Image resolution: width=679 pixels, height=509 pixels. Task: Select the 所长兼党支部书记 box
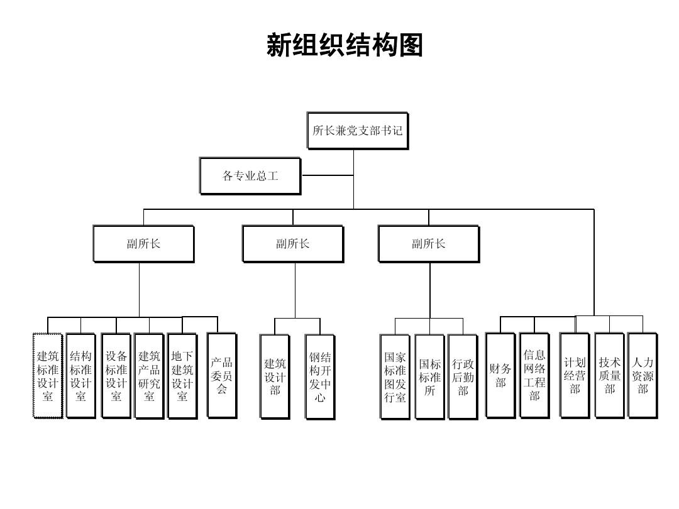(357, 131)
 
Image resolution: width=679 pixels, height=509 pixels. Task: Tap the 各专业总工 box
(250, 176)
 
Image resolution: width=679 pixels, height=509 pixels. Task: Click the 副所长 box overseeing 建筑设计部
(292, 244)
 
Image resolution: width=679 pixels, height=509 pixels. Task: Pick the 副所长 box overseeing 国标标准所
(428, 244)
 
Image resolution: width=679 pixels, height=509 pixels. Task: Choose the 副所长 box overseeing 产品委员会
(143, 244)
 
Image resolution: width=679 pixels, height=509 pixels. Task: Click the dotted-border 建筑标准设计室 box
(48, 376)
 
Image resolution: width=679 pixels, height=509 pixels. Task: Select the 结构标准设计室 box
(81, 376)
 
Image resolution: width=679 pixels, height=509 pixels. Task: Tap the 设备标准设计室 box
(116, 376)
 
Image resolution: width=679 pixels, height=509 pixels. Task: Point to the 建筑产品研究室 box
(149, 376)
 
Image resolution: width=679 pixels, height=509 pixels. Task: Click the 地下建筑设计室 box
(182, 376)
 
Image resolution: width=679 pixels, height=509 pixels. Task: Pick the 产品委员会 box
(221, 375)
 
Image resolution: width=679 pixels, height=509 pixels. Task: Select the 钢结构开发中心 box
(320, 376)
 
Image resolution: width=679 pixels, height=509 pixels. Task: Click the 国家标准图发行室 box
(395, 376)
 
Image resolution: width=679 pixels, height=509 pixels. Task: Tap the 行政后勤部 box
(463, 376)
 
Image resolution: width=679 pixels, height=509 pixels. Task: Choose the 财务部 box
(500, 375)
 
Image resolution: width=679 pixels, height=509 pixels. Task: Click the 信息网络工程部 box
(534, 375)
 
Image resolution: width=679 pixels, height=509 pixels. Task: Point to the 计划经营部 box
(575, 375)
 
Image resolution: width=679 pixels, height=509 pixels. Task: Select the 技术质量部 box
(609, 375)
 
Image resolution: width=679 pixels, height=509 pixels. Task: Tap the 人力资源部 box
(642, 375)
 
